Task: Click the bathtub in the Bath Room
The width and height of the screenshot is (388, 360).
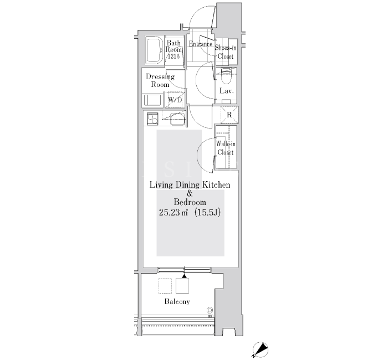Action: click(155, 50)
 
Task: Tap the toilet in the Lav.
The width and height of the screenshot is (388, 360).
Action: click(226, 76)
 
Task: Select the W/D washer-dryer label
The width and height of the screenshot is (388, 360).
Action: click(175, 100)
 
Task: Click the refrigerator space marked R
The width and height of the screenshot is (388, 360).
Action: click(229, 115)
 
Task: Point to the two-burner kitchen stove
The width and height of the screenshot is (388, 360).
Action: click(152, 119)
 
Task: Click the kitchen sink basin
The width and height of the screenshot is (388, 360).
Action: click(178, 119)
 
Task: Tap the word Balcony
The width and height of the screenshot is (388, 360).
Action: click(177, 302)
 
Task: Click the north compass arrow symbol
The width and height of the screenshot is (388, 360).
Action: click(261, 349)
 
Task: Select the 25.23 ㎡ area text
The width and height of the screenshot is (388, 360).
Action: click(173, 212)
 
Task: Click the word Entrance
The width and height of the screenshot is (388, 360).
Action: click(201, 44)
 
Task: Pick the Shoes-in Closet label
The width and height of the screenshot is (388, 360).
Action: click(226, 52)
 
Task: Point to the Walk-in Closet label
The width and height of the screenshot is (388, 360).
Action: click(226, 148)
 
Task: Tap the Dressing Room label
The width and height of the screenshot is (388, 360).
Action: click(160, 80)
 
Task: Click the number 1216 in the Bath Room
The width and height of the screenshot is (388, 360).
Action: click(173, 56)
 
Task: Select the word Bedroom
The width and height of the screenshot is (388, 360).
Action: click(190, 202)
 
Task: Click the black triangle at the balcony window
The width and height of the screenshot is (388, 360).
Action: click(184, 276)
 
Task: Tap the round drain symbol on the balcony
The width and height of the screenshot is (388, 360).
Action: click(210, 310)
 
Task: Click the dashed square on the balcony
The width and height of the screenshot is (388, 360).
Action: click(165, 286)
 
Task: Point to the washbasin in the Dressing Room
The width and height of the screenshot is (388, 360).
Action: click(152, 100)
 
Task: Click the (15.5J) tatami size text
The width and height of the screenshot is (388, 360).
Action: click(207, 212)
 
